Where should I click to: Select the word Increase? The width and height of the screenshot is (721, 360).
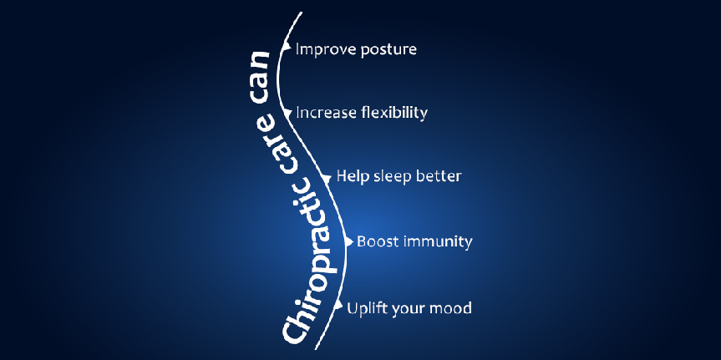tap(324, 113)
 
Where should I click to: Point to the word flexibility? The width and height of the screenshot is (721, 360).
tap(391, 113)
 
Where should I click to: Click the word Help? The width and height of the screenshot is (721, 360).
tap(351, 176)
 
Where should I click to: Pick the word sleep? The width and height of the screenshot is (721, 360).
tap(390, 177)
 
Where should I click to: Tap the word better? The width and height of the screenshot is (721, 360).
tap(438, 176)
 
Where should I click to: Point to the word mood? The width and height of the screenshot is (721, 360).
tap(451, 308)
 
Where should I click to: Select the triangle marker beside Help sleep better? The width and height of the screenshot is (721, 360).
tap(327, 177)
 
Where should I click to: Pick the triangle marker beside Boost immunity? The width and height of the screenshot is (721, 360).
tap(348, 241)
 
